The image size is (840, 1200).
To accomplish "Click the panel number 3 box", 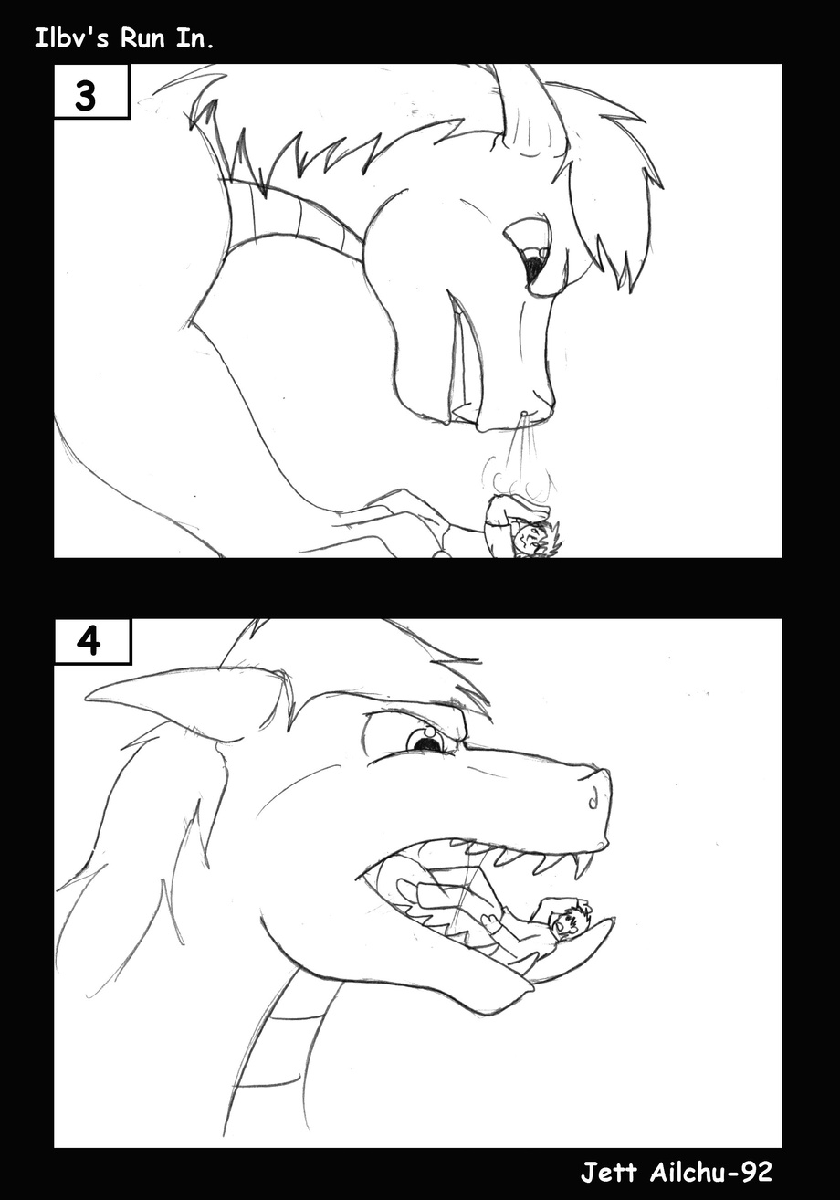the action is pos(91,91).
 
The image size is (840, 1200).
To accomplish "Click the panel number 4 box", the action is pos(92,641).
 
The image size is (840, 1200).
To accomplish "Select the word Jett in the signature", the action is pos(608,1171).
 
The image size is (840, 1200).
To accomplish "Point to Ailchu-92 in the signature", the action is pos(710,1171).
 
